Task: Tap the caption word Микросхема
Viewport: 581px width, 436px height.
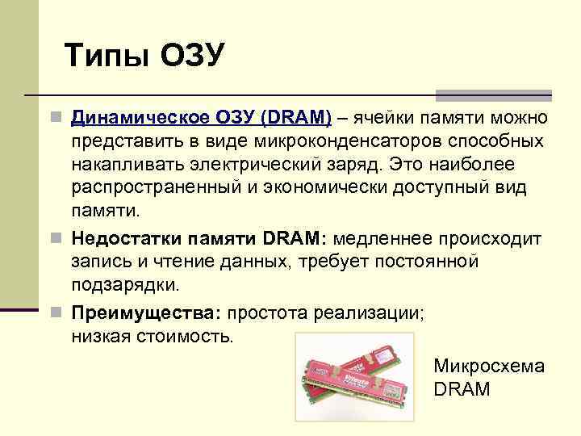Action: coord(489,366)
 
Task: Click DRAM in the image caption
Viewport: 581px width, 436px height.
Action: coord(462,389)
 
